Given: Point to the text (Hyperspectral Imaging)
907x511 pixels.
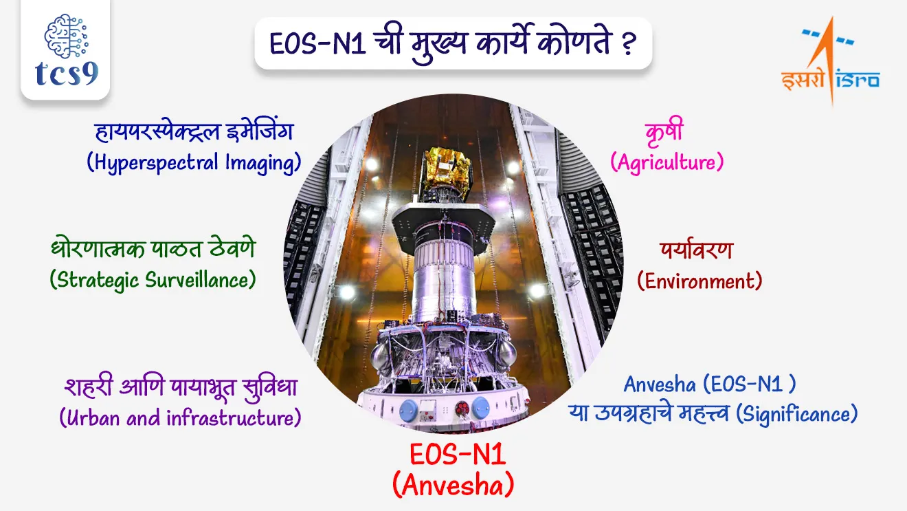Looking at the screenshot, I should tap(194, 162).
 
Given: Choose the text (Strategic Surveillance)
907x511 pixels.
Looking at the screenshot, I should tap(153, 279).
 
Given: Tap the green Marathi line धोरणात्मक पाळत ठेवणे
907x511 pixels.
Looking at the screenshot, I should tap(153, 249).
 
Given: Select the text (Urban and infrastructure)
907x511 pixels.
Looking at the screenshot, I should tap(180, 417).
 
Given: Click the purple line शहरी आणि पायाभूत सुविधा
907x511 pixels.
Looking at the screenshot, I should tap(180, 387).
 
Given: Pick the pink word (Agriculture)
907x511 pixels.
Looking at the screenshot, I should tap(667, 162).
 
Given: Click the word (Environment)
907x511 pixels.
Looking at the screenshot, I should tap(699, 281).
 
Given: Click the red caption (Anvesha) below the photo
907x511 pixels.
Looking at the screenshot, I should tap(453, 486).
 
